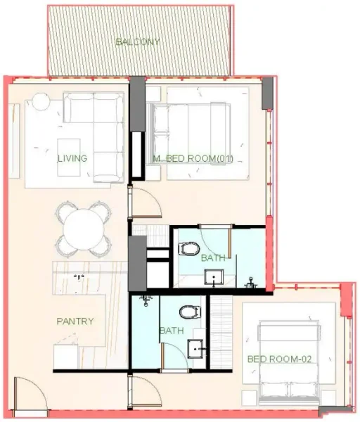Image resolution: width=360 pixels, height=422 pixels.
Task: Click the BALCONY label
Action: click(138, 41)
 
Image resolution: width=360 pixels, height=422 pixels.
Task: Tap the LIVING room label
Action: click(72, 158)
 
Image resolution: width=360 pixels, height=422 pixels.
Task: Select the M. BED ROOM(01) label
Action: click(193, 158)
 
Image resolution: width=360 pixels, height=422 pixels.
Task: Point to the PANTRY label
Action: click(75, 321)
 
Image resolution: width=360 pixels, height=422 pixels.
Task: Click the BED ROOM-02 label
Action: click(279, 359)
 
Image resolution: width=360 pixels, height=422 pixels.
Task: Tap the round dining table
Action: click(84, 229)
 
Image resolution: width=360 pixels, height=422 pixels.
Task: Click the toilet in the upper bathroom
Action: click(188, 248)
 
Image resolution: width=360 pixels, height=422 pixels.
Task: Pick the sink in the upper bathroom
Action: click(213, 276)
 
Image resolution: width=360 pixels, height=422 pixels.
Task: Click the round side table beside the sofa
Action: click(39, 103)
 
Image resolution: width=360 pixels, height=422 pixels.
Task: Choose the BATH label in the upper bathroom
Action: click(214, 258)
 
